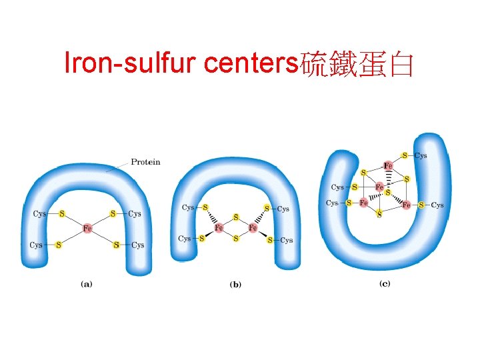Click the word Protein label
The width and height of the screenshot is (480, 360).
click(x=145, y=162)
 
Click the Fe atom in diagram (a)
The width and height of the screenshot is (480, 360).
click(x=87, y=229)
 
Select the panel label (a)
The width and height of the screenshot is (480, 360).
click(x=87, y=283)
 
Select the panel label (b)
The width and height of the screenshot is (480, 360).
click(x=235, y=284)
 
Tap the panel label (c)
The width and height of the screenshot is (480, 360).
click(x=385, y=283)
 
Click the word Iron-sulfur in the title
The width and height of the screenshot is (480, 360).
click(x=131, y=63)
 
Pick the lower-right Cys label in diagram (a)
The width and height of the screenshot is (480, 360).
click(x=137, y=245)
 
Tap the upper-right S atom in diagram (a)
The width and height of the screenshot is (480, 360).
click(x=113, y=214)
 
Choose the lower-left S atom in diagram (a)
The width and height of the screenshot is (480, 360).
click(x=58, y=245)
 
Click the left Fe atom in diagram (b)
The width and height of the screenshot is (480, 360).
click(x=219, y=228)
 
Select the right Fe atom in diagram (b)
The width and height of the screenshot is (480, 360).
click(x=253, y=228)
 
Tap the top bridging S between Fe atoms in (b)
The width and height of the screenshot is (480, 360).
click(x=235, y=217)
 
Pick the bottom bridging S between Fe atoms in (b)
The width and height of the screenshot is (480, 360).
click(x=235, y=239)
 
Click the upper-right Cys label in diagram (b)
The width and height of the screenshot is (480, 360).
click(x=283, y=209)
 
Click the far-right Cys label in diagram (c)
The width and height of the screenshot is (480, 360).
click(x=437, y=205)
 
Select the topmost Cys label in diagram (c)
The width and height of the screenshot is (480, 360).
click(x=421, y=155)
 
